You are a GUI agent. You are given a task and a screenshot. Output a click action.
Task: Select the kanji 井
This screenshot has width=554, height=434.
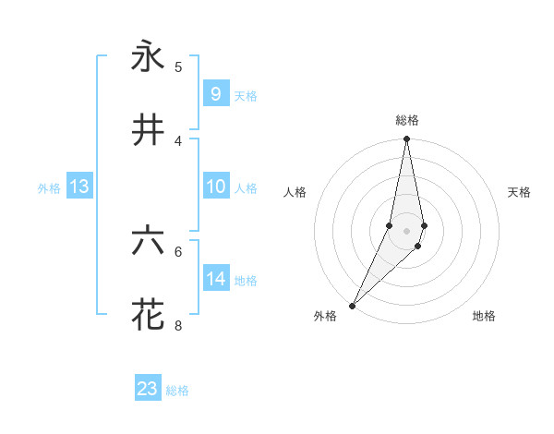pyautogui.click(x=148, y=130)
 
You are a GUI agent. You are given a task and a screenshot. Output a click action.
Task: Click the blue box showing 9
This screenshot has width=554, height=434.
pyautogui.click(x=215, y=93)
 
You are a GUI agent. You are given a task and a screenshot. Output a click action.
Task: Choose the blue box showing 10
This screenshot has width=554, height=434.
pyautogui.click(x=215, y=187)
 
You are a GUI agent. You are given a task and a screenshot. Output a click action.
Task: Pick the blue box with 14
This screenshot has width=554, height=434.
pyautogui.click(x=215, y=278)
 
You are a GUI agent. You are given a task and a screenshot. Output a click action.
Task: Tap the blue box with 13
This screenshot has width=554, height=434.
pyautogui.click(x=78, y=187)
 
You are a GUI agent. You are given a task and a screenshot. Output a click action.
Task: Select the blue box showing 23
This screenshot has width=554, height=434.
pyautogui.click(x=148, y=388)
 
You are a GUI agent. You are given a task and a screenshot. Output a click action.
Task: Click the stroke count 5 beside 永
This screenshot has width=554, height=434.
pyautogui.click(x=178, y=66)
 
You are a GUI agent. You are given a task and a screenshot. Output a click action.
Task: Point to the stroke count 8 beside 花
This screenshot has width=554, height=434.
pyautogui.click(x=178, y=325)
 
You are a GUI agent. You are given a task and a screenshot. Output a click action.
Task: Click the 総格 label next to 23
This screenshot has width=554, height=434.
pyautogui.click(x=177, y=391)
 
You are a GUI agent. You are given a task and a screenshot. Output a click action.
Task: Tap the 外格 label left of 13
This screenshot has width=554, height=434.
pyautogui.click(x=49, y=188)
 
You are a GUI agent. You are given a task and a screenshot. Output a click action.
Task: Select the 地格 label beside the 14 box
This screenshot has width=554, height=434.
pyautogui.click(x=246, y=281)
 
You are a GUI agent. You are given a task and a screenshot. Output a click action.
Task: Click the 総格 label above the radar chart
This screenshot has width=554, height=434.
pyautogui.click(x=407, y=120)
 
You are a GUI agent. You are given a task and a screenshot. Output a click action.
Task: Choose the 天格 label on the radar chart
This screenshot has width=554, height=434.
pyautogui.click(x=519, y=192)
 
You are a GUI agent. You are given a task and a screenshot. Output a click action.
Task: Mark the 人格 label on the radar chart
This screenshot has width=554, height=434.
pyautogui.click(x=295, y=192)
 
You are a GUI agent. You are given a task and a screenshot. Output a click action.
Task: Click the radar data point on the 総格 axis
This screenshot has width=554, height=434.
pyautogui.click(x=407, y=139)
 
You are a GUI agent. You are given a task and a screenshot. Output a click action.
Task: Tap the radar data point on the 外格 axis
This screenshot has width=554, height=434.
pyautogui.click(x=353, y=305)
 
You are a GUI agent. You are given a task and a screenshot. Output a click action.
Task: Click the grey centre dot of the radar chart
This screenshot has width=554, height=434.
pyautogui.click(x=407, y=230)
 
